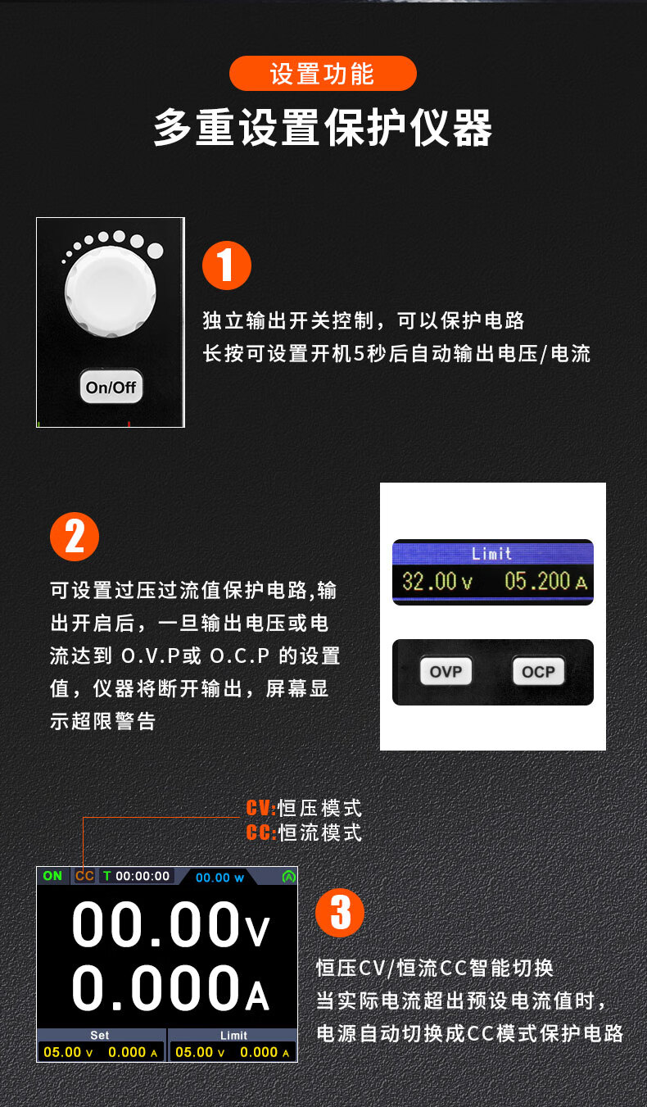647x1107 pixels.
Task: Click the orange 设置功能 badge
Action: (323, 73)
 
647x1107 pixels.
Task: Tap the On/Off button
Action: (111, 387)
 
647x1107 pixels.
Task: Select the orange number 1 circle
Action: (227, 265)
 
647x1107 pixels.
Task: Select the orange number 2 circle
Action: (75, 537)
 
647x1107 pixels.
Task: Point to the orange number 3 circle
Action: (340, 913)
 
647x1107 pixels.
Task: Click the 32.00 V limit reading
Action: (437, 581)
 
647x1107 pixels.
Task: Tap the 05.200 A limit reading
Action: (546, 581)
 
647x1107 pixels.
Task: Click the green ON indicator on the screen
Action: (52, 876)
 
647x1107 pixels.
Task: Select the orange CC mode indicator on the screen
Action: (84, 876)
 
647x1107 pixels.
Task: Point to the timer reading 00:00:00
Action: (143, 876)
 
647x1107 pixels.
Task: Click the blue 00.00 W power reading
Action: (219, 878)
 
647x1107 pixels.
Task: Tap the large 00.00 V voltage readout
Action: (171, 923)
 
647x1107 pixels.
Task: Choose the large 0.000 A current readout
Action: (171, 988)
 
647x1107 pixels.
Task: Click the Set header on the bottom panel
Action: (100, 1035)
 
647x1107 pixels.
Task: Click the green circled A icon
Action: (288, 877)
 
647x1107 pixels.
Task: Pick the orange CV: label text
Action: (261, 809)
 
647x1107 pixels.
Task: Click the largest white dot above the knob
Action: (155, 251)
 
